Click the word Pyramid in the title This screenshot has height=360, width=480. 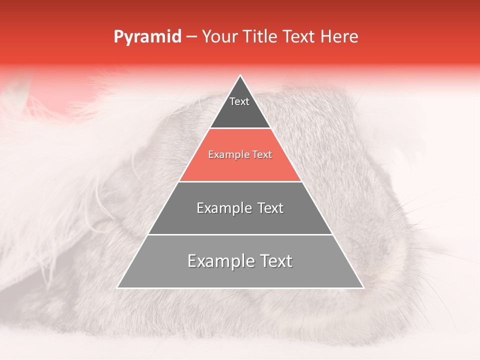(x=147, y=37)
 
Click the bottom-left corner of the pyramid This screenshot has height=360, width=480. (x=118, y=287)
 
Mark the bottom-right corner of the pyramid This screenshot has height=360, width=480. (x=363, y=287)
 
